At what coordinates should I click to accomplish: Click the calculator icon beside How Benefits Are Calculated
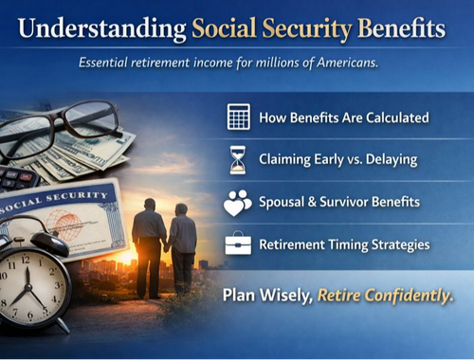click(x=238, y=117)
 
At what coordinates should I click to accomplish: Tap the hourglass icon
click(x=238, y=159)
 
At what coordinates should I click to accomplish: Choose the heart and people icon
click(x=238, y=202)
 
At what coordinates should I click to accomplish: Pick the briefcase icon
click(x=238, y=244)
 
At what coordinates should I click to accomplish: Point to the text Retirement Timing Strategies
click(x=345, y=244)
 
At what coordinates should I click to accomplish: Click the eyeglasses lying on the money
click(x=57, y=128)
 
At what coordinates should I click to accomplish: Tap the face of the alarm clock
click(x=30, y=283)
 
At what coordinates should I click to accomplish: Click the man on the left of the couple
click(x=149, y=242)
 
